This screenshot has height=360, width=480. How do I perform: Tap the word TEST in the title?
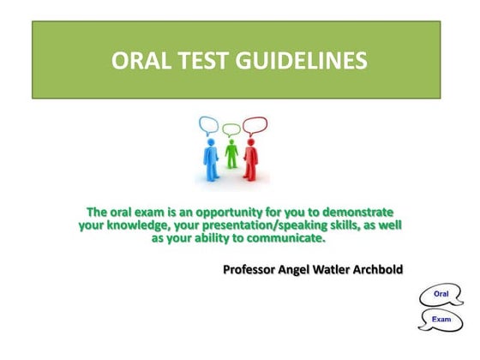tap(207, 61)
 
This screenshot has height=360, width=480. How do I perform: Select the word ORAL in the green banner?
tap(142, 61)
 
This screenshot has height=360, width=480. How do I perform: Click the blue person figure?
tap(211, 155)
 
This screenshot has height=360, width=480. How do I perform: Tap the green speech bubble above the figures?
tap(231, 129)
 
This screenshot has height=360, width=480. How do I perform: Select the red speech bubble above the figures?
tap(255, 125)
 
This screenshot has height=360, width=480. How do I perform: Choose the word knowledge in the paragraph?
tap(135, 225)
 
